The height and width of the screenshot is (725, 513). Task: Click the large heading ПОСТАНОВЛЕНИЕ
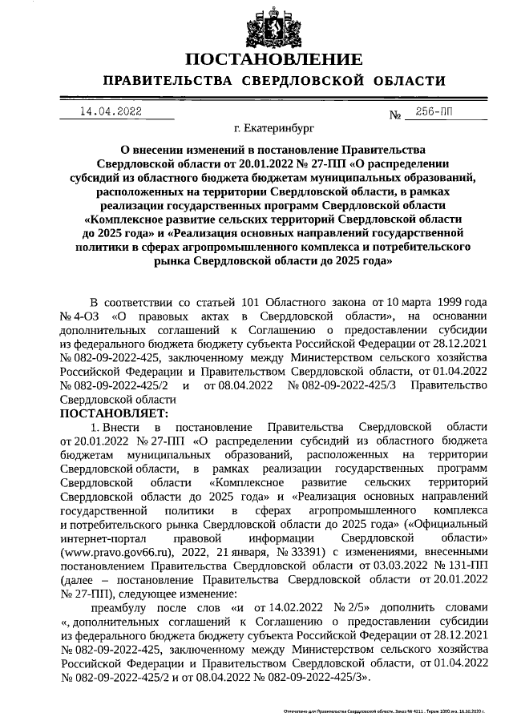[x=274, y=60]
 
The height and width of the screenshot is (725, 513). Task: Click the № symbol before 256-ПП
[x=394, y=115]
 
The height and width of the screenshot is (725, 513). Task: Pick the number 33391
[x=295, y=553]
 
